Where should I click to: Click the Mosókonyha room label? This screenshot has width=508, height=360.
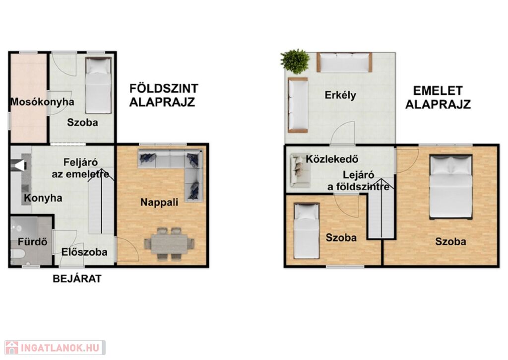pos(43,102)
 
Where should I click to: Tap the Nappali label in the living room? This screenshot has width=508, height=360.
pos(159,203)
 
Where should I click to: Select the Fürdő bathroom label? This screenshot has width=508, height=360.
pos(32,242)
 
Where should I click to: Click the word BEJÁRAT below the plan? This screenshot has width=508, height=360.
pos(77,279)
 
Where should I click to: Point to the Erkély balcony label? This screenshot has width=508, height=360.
pos(340,95)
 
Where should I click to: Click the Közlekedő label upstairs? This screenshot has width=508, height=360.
pos(332,159)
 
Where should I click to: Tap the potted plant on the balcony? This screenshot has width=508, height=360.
pos(295,62)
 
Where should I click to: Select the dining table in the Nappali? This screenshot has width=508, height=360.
pos(170,243)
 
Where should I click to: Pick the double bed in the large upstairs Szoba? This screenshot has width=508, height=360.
pos(450,187)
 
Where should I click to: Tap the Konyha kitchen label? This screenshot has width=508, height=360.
pos(43,198)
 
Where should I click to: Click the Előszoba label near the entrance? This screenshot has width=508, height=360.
pos(84,252)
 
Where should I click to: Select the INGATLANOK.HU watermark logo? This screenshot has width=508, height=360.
pos(55,348)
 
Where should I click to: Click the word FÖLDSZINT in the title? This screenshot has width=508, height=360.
pos(164,88)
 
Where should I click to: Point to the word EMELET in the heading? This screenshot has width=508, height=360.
pos(438,90)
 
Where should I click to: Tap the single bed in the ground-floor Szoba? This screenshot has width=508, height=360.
pos(98,85)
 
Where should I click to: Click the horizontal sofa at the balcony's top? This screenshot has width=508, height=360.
pos(344,62)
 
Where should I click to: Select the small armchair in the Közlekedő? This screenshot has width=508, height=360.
pos(300,170)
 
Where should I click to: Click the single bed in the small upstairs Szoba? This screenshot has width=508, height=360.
pos(307,230)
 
